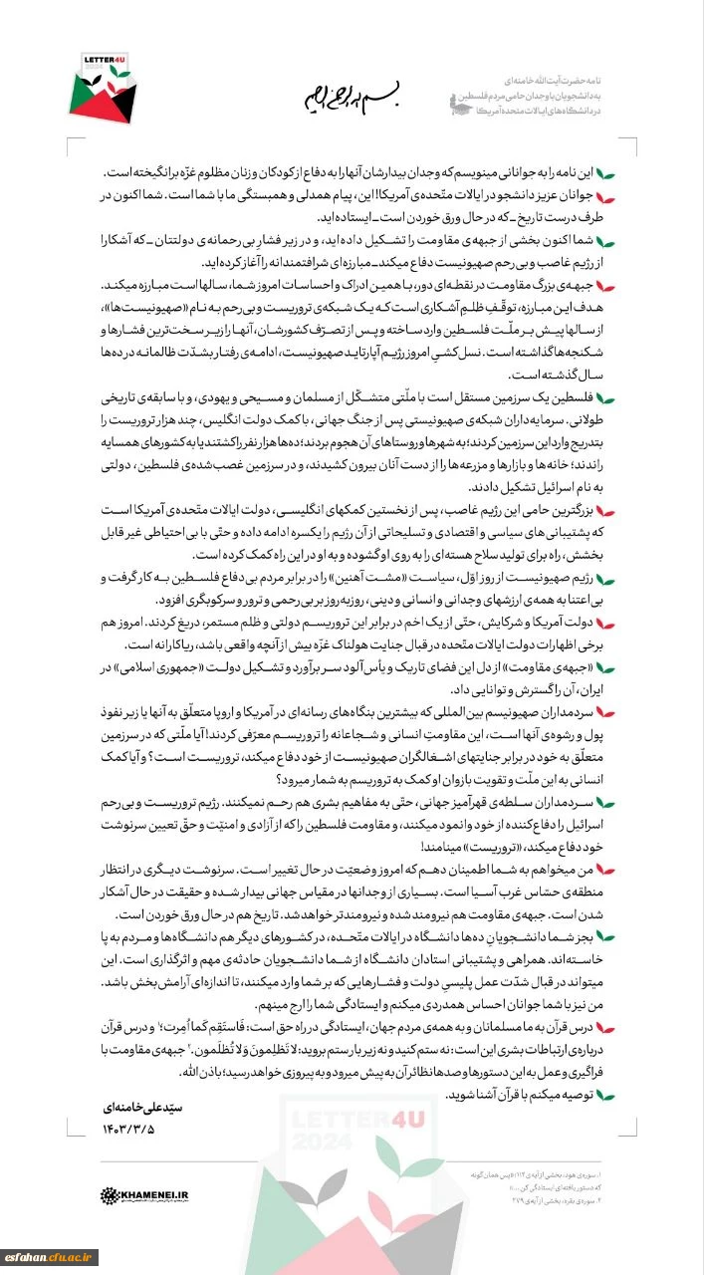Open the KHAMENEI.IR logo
click(146, 1193)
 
